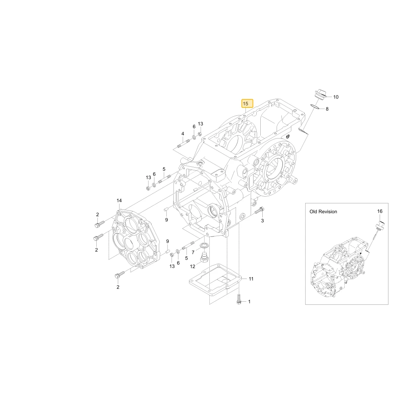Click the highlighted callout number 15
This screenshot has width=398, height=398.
pos(246,103)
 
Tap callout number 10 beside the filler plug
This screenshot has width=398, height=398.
pos(336,97)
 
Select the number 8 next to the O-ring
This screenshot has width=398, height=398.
pos(327,109)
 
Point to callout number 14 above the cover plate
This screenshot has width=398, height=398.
pos(119,201)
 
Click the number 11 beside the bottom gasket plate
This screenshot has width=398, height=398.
pos(251,279)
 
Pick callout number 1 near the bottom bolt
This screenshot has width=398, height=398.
pos(249,302)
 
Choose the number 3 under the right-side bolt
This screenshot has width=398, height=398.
pos(262,220)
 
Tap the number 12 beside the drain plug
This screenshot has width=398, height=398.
pos(193,266)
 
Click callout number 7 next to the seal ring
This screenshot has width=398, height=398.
pos(193,252)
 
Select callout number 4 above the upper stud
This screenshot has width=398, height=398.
pos(183,134)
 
